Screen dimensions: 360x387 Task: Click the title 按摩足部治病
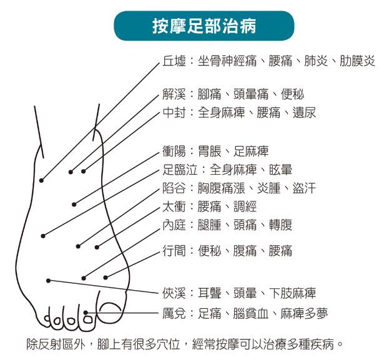pyautogui.click(x=203, y=26)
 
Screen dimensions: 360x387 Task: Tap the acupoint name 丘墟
pyautogui.click(x=173, y=61)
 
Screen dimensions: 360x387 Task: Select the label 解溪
pyautogui.click(x=173, y=95)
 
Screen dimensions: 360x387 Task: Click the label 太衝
pyautogui.click(x=173, y=207)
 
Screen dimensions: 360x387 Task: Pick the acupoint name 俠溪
pyautogui.click(x=173, y=293)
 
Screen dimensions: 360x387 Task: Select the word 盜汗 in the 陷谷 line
pyautogui.click(x=304, y=188)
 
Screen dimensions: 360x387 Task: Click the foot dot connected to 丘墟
pyautogui.click(x=41, y=180)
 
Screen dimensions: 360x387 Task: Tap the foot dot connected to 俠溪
pyautogui.click(x=48, y=280)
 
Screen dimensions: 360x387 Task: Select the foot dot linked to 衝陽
pyautogui.click(x=74, y=203)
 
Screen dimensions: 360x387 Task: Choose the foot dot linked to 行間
pyautogui.click(x=105, y=277)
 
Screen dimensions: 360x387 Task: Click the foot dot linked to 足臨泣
pyautogui.click(x=43, y=235)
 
